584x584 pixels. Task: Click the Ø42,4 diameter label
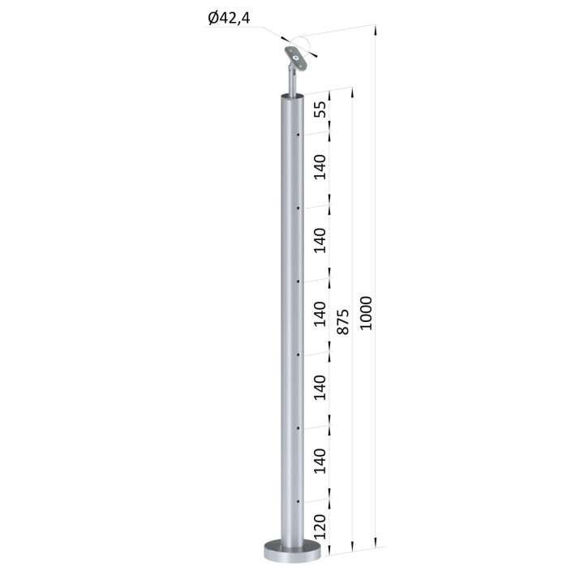point(229,18)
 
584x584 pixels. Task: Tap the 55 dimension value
point(320,109)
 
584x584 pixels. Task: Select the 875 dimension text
point(342,321)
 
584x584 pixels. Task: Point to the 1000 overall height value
point(366,313)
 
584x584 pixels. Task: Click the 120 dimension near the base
point(320,527)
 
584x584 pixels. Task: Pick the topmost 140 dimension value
point(320,167)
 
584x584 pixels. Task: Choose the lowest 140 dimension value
point(320,461)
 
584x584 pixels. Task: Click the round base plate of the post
point(292,551)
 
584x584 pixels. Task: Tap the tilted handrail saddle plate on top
point(297,59)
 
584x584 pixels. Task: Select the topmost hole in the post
point(298,135)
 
